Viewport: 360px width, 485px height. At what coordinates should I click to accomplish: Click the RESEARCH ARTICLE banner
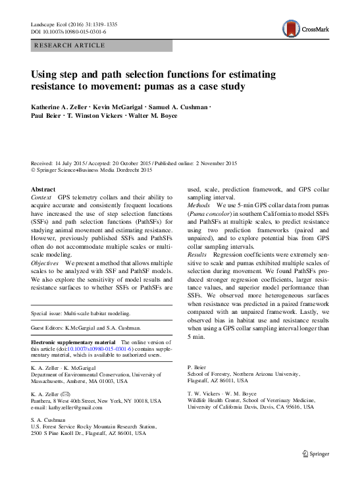(73, 45)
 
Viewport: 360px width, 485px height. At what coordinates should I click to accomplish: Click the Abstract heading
(44, 188)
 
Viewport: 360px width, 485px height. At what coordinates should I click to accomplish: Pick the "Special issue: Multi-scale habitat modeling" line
(82, 315)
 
